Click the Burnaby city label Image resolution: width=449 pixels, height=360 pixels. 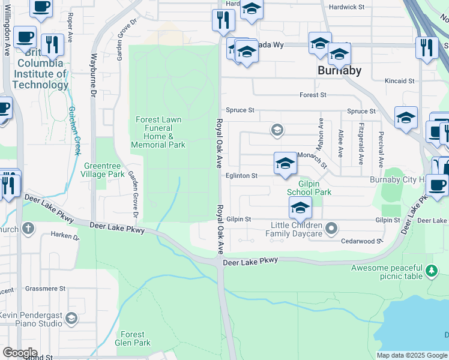pyautogui.click(x=339, y=70)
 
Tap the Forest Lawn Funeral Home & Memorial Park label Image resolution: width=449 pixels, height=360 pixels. pyautogui.click(x=159, y=132)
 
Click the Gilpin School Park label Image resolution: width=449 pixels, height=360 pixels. pyautogui.click(x=309, y=188)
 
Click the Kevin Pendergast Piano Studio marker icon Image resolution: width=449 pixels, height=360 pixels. pyautogui.click(x=72, y=317)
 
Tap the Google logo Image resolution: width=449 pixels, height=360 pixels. pyautogui.click(x=20, y=353)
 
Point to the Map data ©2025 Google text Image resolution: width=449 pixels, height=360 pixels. pyautogui.click(x=412, y=355)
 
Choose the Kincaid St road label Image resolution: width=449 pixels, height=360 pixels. pyautogui.click(x=400, y=80)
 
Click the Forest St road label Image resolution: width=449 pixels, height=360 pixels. pyautogui.click(x=313, y=95)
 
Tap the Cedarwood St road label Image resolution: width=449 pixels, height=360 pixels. pyautogui.click(x=362, y=241)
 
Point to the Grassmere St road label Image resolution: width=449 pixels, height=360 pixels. pyautogui.click(x=45, y=289)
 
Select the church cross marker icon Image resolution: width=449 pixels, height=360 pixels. pyautogui.click(x=28, y=228)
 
